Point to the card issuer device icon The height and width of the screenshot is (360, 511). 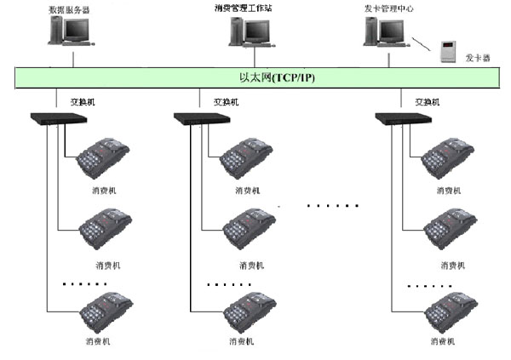click(x=447, y=52)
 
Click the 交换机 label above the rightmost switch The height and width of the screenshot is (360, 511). click(x=427, y=101)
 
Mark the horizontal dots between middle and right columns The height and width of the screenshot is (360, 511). click(x=332, y=205)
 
